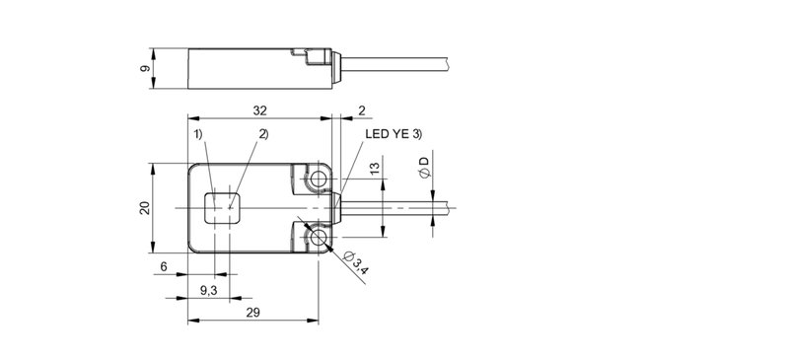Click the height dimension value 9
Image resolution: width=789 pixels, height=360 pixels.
144,68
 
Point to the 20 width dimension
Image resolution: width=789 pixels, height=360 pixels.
144,208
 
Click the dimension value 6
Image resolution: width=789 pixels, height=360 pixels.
164,267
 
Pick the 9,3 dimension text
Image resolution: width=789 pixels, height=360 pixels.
209,292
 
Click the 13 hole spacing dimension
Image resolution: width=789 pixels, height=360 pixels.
375,171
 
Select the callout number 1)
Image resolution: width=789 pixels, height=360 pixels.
197,134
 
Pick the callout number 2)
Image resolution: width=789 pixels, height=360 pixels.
263,134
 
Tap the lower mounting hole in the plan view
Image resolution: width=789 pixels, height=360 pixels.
319,238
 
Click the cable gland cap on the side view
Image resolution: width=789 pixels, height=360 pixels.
336,67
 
